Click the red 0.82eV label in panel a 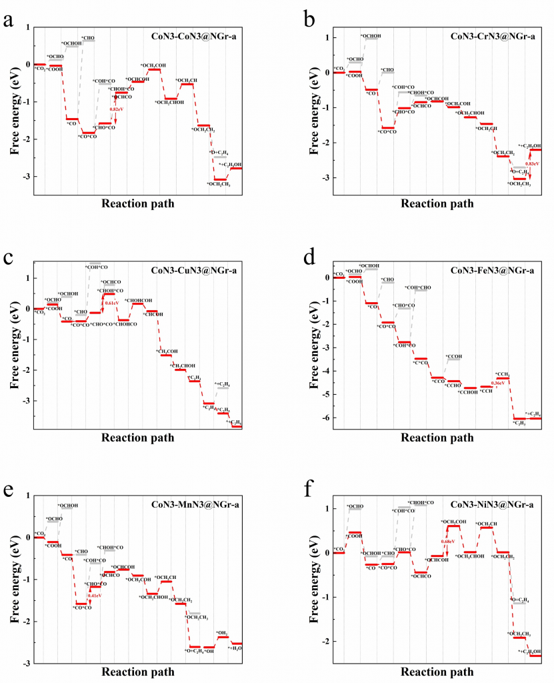[x=117, y=109]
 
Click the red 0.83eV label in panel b [x=532, y=163]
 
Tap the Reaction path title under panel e [x=137, y=671]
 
